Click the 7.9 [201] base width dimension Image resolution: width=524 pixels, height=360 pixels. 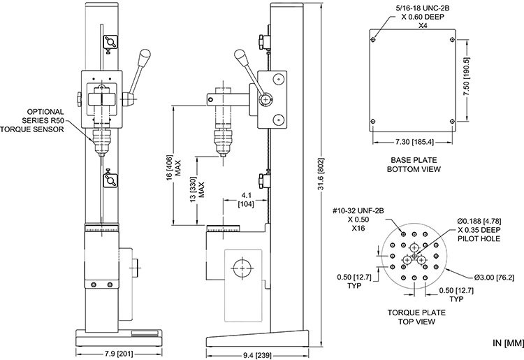(x=119, y=354)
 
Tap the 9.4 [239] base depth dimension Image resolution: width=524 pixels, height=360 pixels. (x=257, y=355)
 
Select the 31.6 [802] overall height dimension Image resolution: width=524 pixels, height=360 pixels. (x=321, y=174)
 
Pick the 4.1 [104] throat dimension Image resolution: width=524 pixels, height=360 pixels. (x=246, y=199)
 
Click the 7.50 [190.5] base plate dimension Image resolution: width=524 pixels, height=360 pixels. (x=467, y=77)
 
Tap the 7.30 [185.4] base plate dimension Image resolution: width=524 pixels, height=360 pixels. (x=414, y=142)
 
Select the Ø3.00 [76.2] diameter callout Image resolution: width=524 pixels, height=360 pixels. (x=494, y=278)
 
